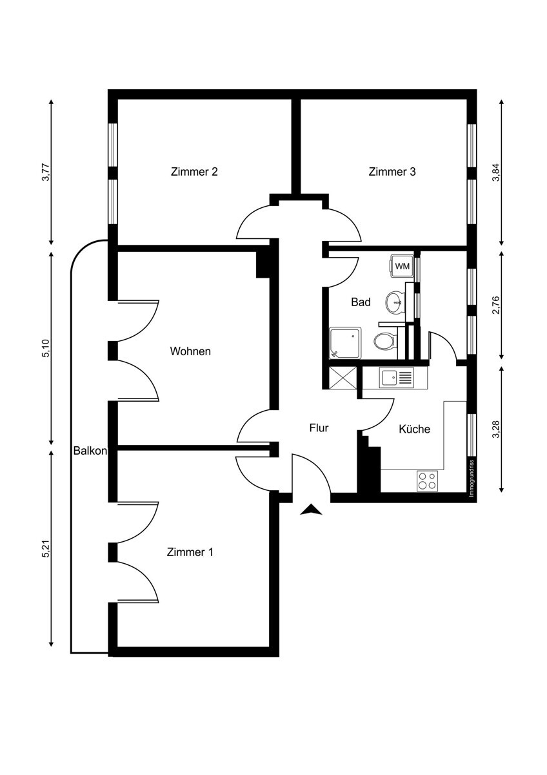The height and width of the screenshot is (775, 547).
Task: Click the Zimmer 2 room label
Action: click(194, 172)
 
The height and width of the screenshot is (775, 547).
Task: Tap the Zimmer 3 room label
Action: click(392, 172)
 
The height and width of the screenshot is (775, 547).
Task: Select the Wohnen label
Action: click(190, 351)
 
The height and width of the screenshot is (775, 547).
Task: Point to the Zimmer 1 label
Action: click(190, 552)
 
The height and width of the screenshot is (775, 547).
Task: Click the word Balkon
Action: click(90, 451)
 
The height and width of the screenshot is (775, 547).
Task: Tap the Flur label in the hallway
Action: click(319, 428)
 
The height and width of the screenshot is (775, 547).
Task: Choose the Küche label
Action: click(414, 429)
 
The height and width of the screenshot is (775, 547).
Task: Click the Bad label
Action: click(361, 302)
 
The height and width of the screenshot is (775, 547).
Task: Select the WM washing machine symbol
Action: click(402, 266)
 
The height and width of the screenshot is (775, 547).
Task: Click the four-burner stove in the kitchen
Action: click(427, 480)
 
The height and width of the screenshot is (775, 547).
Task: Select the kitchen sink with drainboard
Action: click(396, 377)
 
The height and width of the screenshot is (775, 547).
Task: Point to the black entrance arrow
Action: click(312, 510)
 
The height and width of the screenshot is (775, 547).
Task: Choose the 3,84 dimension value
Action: click(496, 172)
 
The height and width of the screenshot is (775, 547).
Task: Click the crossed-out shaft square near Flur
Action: click(342, 378)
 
